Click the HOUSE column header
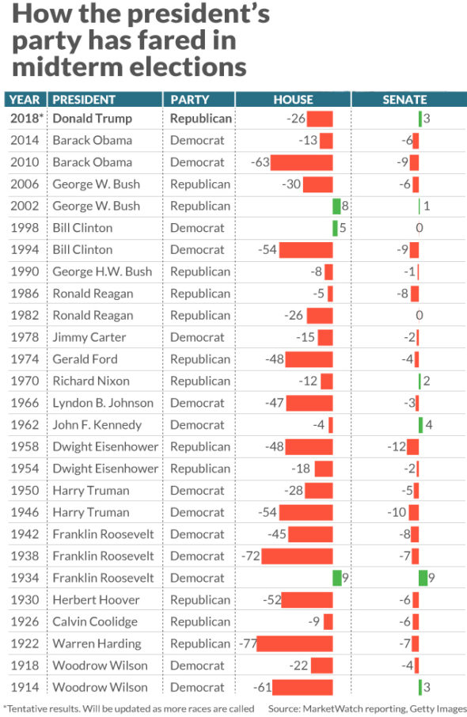click(293, 100)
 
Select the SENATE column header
click(404, 100)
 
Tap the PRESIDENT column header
click(84, 100)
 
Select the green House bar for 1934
click(336, 578)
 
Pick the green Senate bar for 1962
click(420, 425)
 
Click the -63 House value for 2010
click(260, 162)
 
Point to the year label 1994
click(25, 249)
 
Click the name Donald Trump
click(92, 119)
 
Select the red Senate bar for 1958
click(413, 446)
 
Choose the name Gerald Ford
click(85, 359)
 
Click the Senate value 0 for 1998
click(419, 228)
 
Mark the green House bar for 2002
click(336, 206)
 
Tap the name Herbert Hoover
click(95, 600)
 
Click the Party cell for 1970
click(199, 381)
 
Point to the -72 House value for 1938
click(250, 556)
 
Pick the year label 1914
click(25, 687)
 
